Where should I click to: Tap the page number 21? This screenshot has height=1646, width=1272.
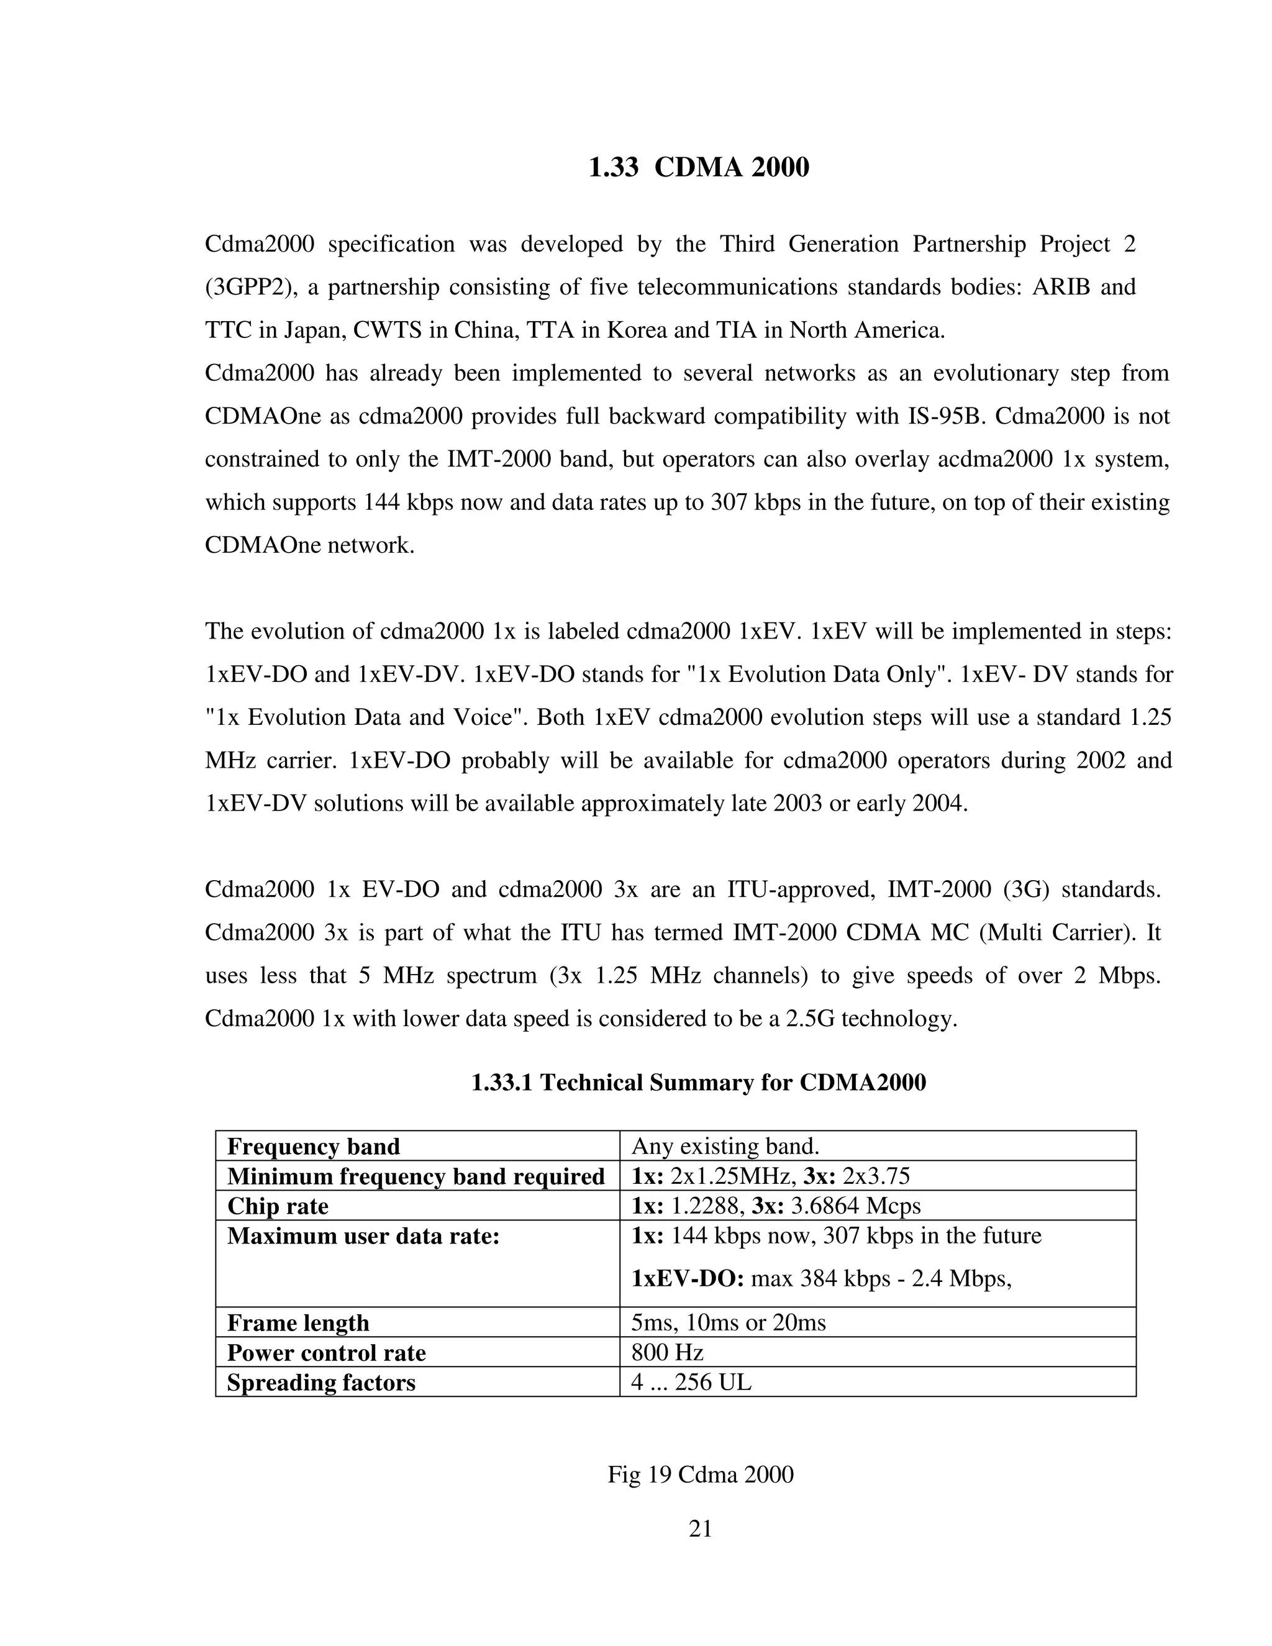[x=700, y=1529]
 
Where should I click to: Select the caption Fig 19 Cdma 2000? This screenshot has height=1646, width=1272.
[x=700, y=1474]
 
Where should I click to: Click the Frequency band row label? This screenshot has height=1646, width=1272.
[x=314, y=1147]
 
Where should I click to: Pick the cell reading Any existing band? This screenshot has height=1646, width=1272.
[x=725, y=1147]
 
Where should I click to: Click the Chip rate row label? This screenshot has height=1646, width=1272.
[x=278, y=1206]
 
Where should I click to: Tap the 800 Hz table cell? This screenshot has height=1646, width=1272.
[x=668, y=1353]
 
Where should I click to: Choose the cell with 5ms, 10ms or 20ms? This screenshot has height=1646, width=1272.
[x=729, y=1322]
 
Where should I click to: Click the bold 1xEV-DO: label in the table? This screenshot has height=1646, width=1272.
[x=688, y=1279]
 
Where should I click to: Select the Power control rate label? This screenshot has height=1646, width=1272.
[x=326, y=1353]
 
